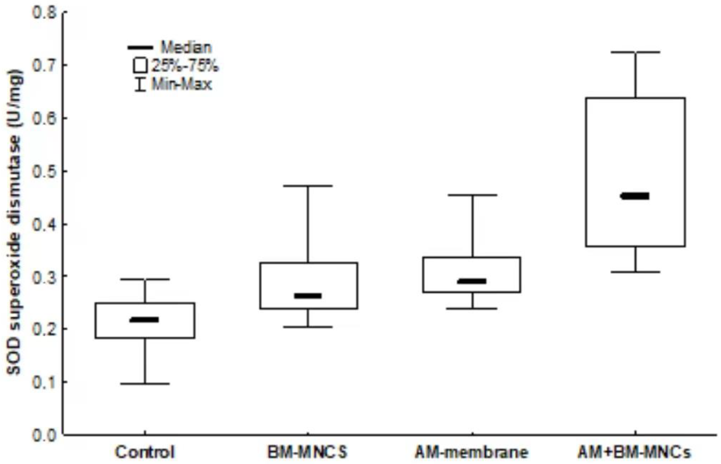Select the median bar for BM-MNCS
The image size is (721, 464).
pyautogui.click(x=308, y=296)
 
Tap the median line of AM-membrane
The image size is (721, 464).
pyautogui.click(x=472, y=281)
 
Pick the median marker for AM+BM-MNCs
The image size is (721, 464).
pyautogui.click(x=635, y=196)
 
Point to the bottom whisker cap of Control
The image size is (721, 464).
pyautogui.click(x=145, y=384)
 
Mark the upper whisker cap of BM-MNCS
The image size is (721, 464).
pyautogui.click(x=308, y=186)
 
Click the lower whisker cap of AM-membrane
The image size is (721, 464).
pyautogui.click(x=472, y=309)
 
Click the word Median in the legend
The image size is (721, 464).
pyautogui.click(x=186, y=47)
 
